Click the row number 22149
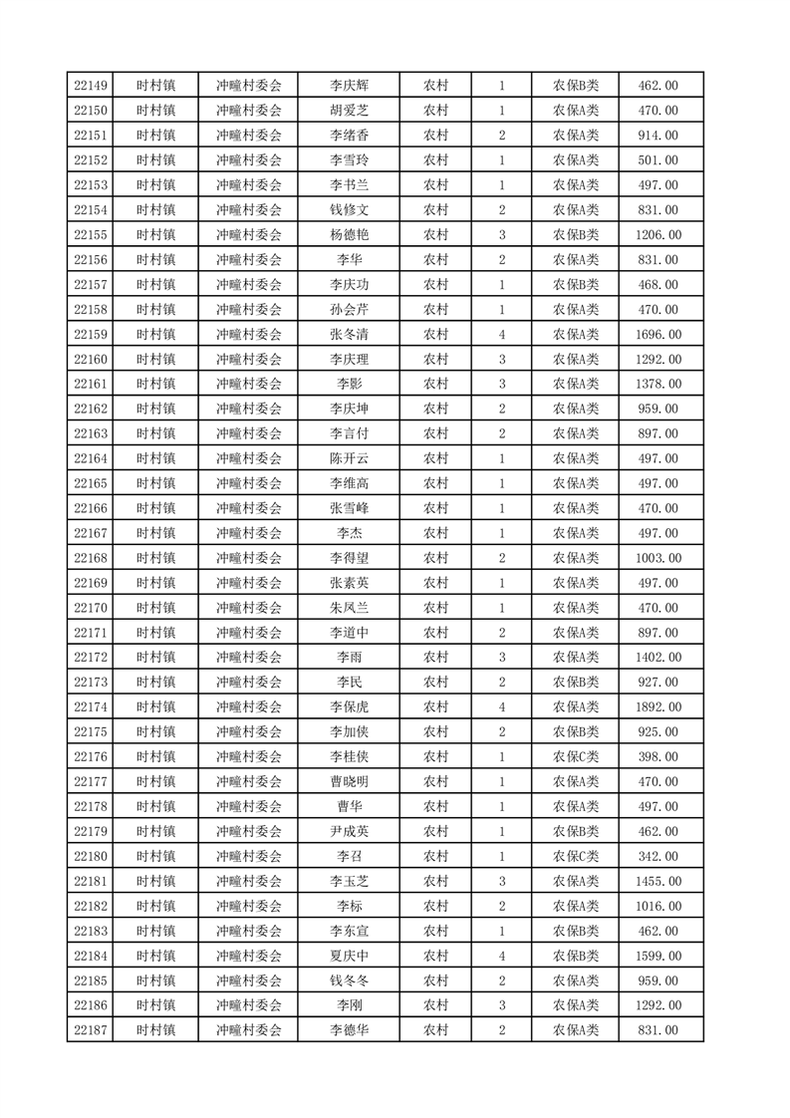pos(91,86)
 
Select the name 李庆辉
pos(350,86)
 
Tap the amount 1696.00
pos(658,335)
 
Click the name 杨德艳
pos(350,235)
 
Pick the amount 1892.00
pos(658,707)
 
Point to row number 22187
pos(91,1030)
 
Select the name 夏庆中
pos(350,956)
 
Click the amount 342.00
pos(658,856)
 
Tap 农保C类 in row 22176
pos(576,757)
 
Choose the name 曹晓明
pos(350,782)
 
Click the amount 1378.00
pos(658,385)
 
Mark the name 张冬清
pos(350,335)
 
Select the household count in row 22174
pos(501,707)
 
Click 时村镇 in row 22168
pos(156,558)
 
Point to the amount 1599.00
pos(658,956)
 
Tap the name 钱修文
pos(350,210)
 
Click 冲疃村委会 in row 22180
pos(249,856)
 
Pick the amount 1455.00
pos(658,881)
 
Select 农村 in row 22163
pos(435,433)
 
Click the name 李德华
pos(350,1030)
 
